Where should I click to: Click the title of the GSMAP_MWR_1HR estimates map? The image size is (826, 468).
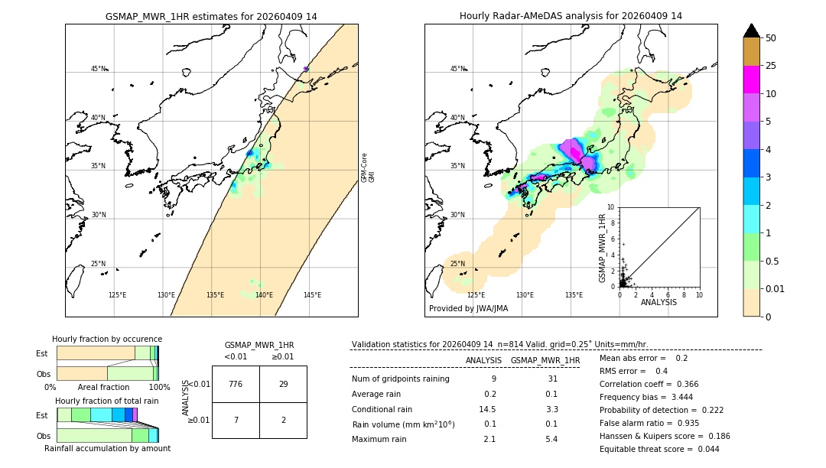click(211, 16)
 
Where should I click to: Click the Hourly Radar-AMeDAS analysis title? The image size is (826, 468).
click(571, 16)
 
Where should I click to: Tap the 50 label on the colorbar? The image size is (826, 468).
click(771, 38)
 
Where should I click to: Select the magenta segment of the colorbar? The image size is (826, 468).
click(751, 80)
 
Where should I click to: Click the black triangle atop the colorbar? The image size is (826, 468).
click(751, 31)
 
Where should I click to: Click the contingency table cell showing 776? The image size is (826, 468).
click(236, 384)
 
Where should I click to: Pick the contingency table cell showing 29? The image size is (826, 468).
click(283, 384)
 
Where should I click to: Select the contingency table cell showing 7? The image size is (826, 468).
click(236, 421)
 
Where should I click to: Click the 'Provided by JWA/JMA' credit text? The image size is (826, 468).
click(468, 308)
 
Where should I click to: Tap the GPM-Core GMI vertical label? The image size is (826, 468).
click(368, 167)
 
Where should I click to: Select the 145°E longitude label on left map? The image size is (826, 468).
click(312, 295)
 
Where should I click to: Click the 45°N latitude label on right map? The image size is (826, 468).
click(457, 69)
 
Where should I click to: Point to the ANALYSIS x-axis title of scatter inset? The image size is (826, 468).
click(659, 302)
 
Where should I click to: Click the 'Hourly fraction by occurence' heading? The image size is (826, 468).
click(107, 339)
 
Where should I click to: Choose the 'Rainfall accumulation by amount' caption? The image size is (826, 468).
click(107, 448)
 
